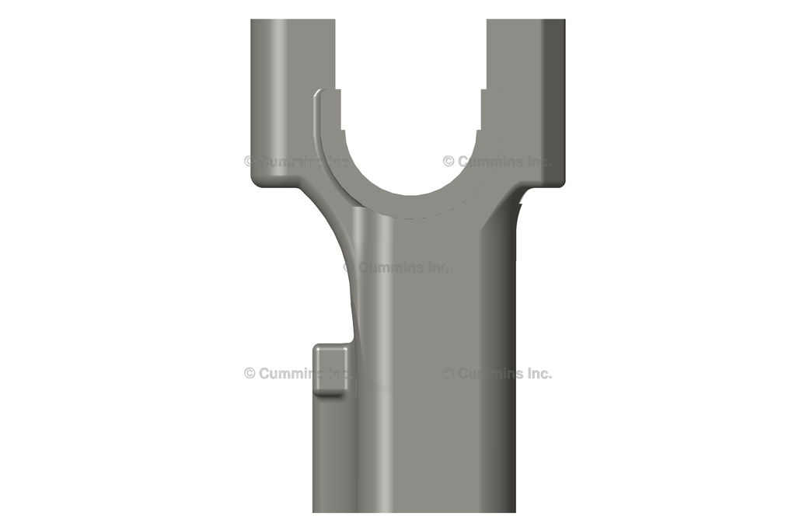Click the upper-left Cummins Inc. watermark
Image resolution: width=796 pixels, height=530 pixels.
pos(297,162)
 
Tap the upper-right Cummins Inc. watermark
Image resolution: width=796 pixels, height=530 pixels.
pos(497,162)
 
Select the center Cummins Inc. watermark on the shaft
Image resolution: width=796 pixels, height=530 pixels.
pos(397,267)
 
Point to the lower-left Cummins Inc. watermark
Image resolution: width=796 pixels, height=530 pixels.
pos(297,373)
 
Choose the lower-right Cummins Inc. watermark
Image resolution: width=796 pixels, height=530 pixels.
pos(497,373)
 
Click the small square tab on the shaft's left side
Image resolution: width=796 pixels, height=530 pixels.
pos(330,368)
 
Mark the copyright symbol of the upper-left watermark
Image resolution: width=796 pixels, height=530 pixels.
pos(250,162)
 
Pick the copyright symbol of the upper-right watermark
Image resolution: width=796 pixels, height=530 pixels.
pos(449,162)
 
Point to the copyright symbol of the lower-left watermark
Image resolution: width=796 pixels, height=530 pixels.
pos(250,373)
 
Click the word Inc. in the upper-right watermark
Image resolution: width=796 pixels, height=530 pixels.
pos(536,162)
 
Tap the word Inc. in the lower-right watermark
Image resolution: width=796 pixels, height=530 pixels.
pos(536,373)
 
